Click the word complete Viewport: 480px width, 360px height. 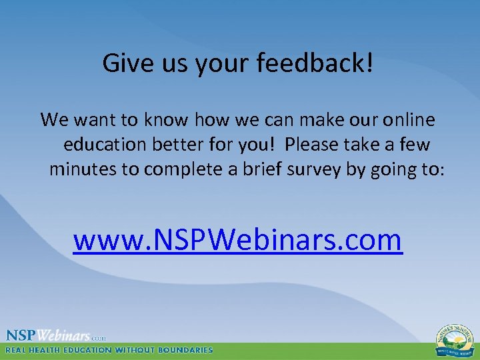click(184, 169)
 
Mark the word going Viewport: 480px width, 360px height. click(389, 169)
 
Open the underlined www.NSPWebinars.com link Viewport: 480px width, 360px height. click(238, 240)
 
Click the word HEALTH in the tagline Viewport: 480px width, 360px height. click(51, 350)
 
